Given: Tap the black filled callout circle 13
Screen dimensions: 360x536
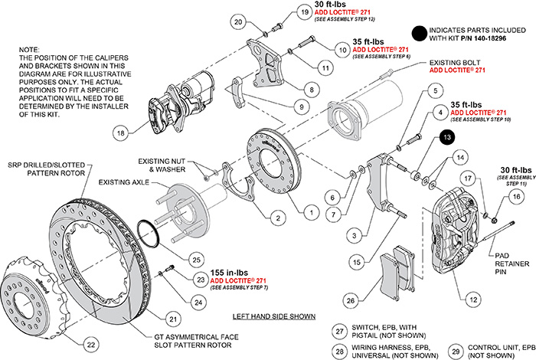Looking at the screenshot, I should [446, 138].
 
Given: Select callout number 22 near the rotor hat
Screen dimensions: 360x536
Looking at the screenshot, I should [91, 344].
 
